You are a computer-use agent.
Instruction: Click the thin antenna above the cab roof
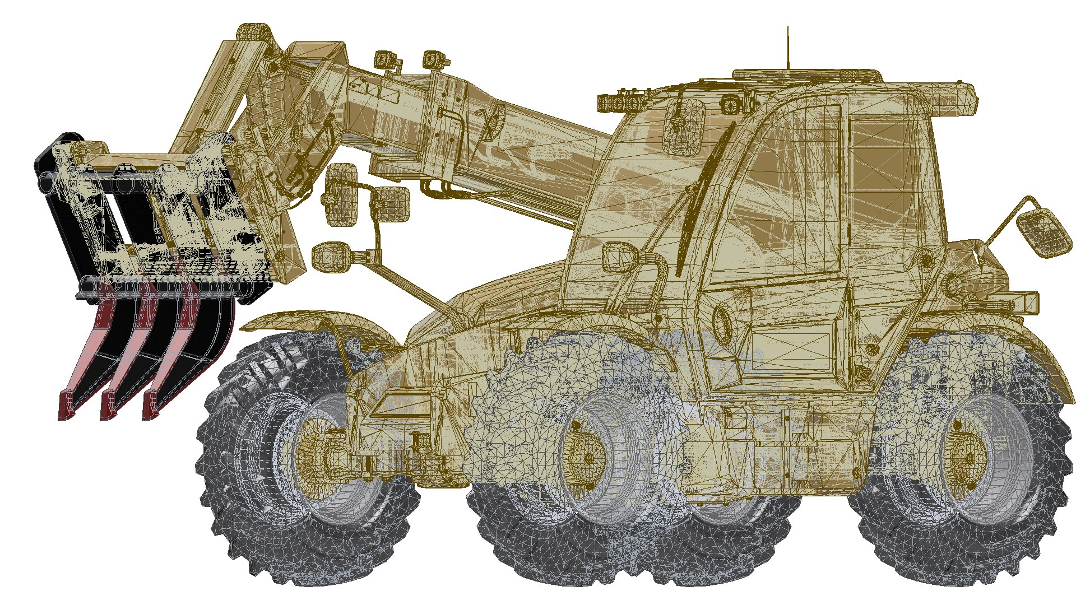coord(787,48)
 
